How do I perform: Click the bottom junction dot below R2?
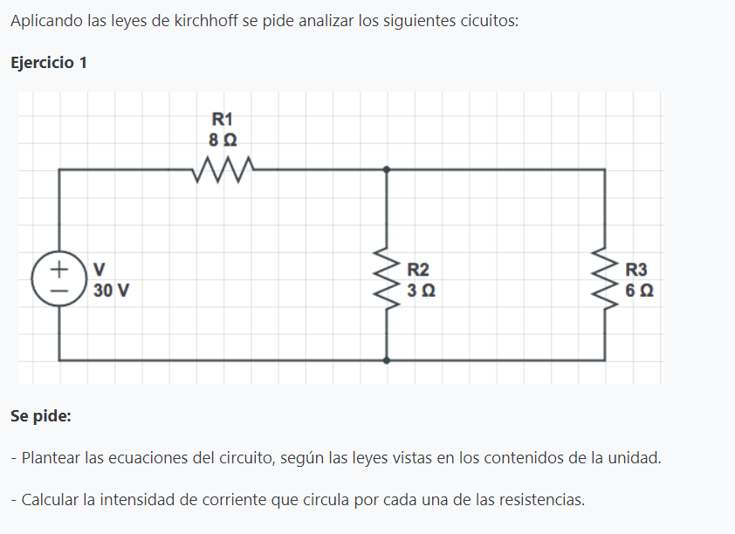(x=387, y=359)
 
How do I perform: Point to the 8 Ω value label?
(x=223, y=139)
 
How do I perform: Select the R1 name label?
(x=223, y=119)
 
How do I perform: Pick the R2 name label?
(x=420, y=270)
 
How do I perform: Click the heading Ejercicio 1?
(x=48, y=63)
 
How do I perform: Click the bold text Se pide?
(x=41, y=415)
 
